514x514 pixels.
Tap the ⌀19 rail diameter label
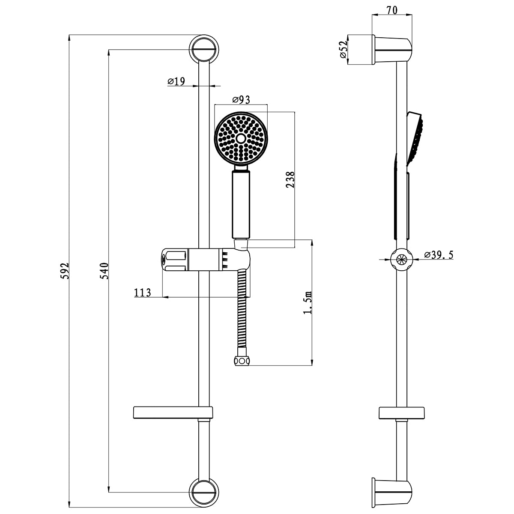pyautogui.click(x=176, y=81)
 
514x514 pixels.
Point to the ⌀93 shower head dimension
pyautogui.click(x=241, y=100)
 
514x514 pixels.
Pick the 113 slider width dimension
pyautogui.click(x=143, y=293)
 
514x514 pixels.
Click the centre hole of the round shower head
pyautogui.click(x=240, y=138)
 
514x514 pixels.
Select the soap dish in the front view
pyautogui.click(x=173, y=412)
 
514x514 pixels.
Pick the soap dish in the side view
pyautogui.click(x=402, y=412)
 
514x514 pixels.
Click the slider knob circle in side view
pyautogui.click(x=401, y=259)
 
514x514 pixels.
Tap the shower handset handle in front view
pyautogui.click(x=240, y=204)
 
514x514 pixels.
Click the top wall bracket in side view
pyautogui.click(x=393, y=50)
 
